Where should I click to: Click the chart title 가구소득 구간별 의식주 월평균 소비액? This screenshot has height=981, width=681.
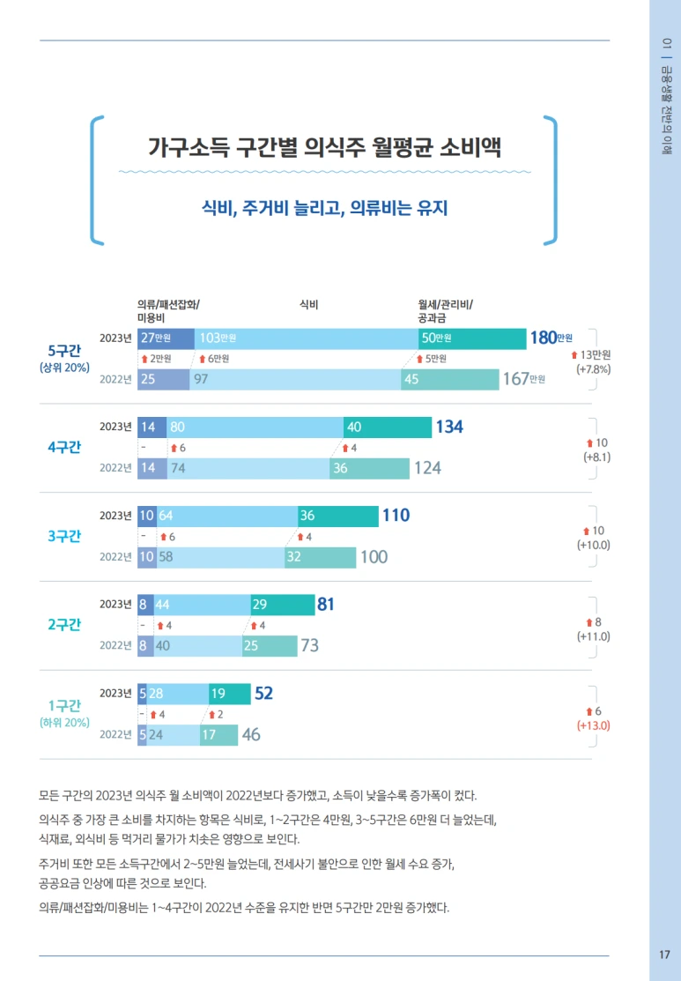324,146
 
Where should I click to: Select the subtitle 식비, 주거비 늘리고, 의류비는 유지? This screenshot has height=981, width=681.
324,208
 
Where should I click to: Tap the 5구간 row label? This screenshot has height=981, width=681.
64,351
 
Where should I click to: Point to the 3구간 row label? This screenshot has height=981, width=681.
64,536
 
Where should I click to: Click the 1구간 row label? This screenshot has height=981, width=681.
64,705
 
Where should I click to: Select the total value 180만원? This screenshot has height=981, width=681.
551,338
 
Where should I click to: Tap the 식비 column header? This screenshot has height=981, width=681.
308,305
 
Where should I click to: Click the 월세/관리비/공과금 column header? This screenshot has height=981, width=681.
445,311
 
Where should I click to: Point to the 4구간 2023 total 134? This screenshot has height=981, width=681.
449,427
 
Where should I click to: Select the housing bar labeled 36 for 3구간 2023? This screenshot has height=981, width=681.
338,516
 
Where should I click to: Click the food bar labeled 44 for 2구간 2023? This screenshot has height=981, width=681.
203,605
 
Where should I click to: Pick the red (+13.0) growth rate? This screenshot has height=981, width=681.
593,725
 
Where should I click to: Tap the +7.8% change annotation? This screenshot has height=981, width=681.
593,369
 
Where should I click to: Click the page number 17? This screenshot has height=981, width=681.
663,955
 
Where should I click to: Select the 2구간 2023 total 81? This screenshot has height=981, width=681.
325,605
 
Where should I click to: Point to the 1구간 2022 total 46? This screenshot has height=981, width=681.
251,734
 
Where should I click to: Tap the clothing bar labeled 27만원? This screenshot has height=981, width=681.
167,338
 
